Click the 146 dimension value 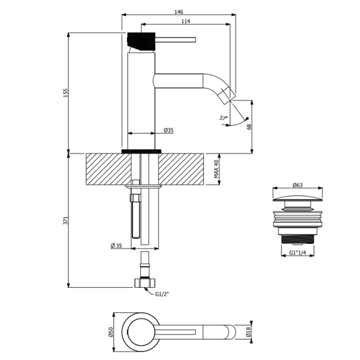tap(179, 12)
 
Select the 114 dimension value tap(186, 21)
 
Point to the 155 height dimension tap(66, 93)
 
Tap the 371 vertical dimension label tap(66, 220)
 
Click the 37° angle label tap(223, 118)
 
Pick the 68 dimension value tap(249, 127)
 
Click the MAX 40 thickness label tap(216, 169)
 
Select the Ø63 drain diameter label tap(297, 185)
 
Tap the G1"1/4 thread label tap(297, 253)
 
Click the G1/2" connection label tap(162, 294)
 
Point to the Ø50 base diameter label tap(111, 332)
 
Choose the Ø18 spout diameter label tap(248, 332)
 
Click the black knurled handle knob tap(141, 41)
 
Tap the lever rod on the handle tap(175, 40)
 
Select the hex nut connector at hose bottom tap(145, 283)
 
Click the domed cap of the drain tap(297, 198)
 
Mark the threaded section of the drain tap(297, 239)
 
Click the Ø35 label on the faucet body tap(169, 130)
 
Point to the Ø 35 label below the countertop tap(117, 246)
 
